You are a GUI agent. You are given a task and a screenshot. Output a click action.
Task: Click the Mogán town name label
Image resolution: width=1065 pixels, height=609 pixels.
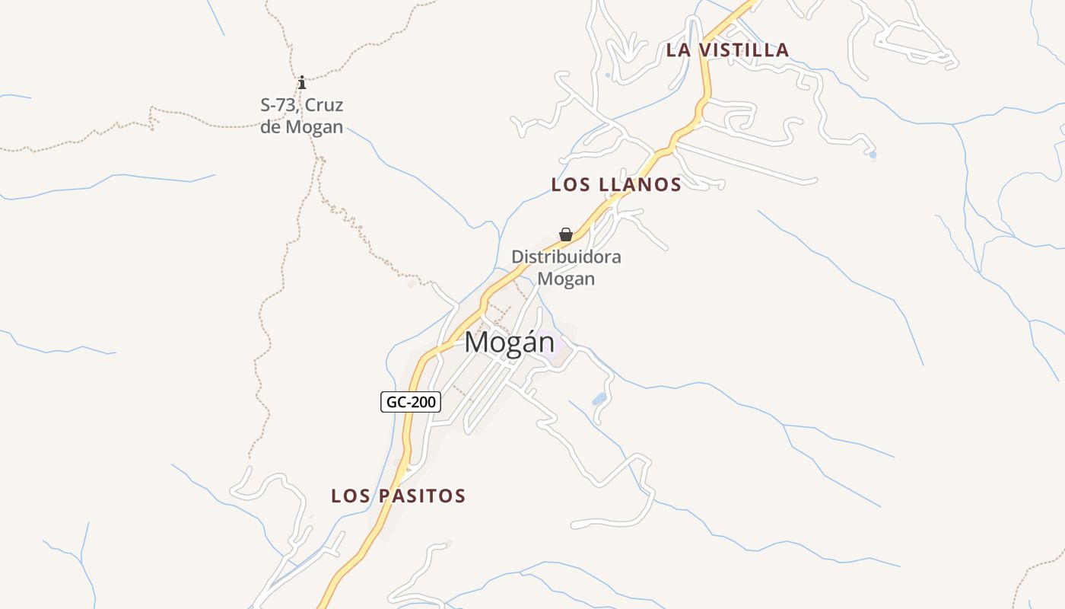tap(510, 343)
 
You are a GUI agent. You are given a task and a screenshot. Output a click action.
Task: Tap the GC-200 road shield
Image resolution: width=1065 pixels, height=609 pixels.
tap(411, 402)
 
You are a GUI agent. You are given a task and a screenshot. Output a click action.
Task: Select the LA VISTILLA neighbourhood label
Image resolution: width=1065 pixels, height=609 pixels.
tap(727, 50)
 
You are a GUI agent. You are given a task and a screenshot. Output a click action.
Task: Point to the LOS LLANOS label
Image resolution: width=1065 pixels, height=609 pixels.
tap(616, 184)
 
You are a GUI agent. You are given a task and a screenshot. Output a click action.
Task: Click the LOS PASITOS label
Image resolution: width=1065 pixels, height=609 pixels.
tap(398, 496)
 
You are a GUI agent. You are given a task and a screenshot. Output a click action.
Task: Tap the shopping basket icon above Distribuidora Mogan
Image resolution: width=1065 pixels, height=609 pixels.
tap(566, 234)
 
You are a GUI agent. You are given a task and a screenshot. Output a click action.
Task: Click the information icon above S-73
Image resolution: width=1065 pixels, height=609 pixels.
tap(302, 82)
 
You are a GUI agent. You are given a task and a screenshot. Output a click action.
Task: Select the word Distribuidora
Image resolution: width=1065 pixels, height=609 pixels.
tap(566, 257)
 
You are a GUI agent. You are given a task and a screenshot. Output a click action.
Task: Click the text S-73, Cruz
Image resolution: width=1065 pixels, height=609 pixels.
tap(302, 105)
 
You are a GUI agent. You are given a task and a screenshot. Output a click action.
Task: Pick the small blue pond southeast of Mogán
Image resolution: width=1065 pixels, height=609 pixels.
tap(599, 399)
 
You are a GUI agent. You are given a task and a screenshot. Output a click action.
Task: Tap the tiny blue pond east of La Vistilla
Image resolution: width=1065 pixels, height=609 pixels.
tap(873, 155)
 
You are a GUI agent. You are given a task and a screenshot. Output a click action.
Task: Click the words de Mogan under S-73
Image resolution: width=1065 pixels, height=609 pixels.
tap(302, 127)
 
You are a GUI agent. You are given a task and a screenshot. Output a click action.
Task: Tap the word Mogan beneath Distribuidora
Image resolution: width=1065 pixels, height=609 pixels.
tap(566, 279)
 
